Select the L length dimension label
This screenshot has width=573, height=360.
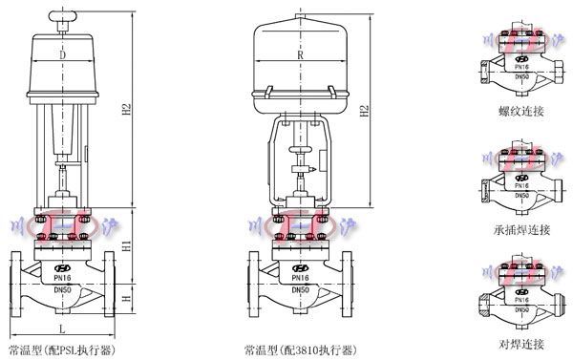click(x=62, y=328)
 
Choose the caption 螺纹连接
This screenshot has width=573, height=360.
click(x=519, y=112)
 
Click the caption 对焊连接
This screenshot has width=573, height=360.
click(x=519, y=343)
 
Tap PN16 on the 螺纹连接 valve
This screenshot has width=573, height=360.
click(x=520, y=67)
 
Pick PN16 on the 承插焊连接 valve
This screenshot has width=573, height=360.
click(x=520, y=185)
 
